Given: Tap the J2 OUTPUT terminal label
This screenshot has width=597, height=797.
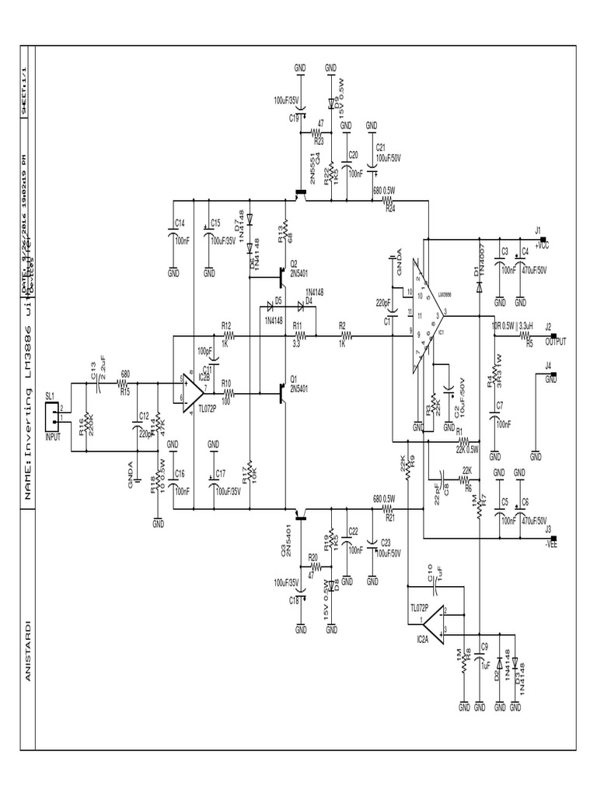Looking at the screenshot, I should pyautogui.click(x=556, y=339).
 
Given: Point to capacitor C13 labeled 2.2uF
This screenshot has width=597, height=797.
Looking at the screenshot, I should pyautogui.click(x=99, y=383).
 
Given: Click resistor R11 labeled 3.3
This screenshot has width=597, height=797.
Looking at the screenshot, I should pyautogui.click(x=298, y=335).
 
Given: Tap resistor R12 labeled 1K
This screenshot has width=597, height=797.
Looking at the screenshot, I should pyautogui.click(x=227, y=335).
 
